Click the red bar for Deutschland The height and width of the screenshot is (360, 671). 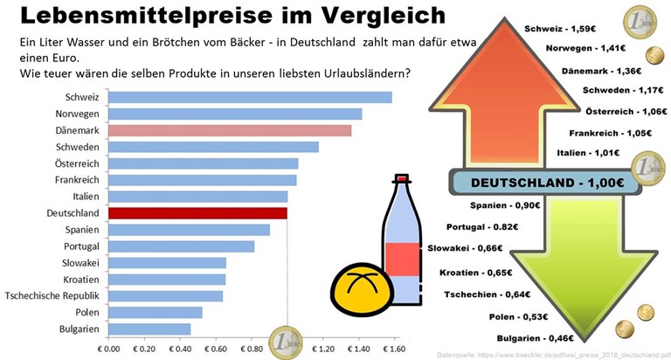tap(197, 213)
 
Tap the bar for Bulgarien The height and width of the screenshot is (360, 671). tap(149, 329)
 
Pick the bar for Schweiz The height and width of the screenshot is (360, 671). tap(250, 97)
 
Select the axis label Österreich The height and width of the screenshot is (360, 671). tap(77, 163)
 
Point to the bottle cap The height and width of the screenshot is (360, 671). tap(402, 180)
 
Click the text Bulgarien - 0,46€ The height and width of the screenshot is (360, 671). tap(533, 337)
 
